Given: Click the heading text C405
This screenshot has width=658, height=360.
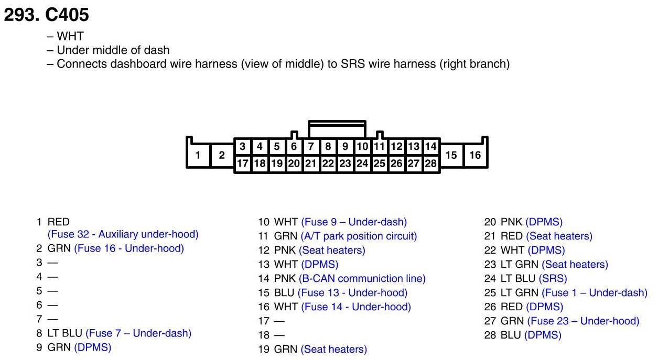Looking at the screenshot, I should pyautogui.click(x=68, y=15).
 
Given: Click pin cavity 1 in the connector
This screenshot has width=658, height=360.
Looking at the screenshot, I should pyautogui.click(x=198, y=155).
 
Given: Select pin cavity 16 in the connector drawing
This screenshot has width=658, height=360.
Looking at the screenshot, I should pyautogui.click(x=474, y=155).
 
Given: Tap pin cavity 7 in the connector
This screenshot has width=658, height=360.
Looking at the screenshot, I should pyautogui.click(x=311, y=147).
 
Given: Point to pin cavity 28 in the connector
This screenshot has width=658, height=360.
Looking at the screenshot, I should pyautogui.click(x=430, y=163).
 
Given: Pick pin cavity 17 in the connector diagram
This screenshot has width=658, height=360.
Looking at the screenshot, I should pyautogui.click(x=242, y=163).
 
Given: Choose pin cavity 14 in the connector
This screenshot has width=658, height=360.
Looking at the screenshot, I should pyautogui.click(x=430, y=147).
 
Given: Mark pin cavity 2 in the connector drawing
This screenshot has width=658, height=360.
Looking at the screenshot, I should pyautogui.click(x=222, y=155).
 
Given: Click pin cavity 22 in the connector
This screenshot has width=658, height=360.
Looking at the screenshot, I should pyautogui.click(x=328, y=163).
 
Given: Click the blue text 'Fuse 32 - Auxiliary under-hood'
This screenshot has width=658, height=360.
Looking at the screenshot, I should pyautogui.click(x=123, y=234).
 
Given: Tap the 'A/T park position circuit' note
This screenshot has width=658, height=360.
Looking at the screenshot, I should pyautogui.click(x=359, y=236).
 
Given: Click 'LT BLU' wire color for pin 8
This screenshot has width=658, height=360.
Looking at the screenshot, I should pyautogui.click(x=64, y=333).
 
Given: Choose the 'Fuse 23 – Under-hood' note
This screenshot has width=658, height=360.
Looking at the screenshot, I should pyautogui.click(x=583, y=321).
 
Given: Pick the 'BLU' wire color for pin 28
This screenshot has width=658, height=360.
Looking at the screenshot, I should pyautogui.click(x=511, y=335).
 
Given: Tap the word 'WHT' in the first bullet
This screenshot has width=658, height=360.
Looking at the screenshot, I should pyautogui.click(x=70, y=37).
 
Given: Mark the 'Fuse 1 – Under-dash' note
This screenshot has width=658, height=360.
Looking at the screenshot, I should pyautogui.click(x=595, y=293).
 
